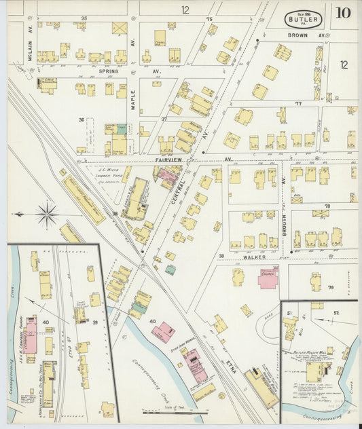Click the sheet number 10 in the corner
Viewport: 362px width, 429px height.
(342, 13)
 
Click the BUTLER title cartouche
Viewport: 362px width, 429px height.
(303, 18)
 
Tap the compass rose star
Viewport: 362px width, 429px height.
(47, 215)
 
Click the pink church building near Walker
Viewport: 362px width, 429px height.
(268, 278)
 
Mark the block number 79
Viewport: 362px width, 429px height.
(331, 288)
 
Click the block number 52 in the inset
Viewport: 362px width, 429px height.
(336, 312)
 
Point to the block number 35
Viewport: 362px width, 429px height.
(84, 18)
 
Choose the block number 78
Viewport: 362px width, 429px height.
(327, 206)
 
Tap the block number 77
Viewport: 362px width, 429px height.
(297, 103)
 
